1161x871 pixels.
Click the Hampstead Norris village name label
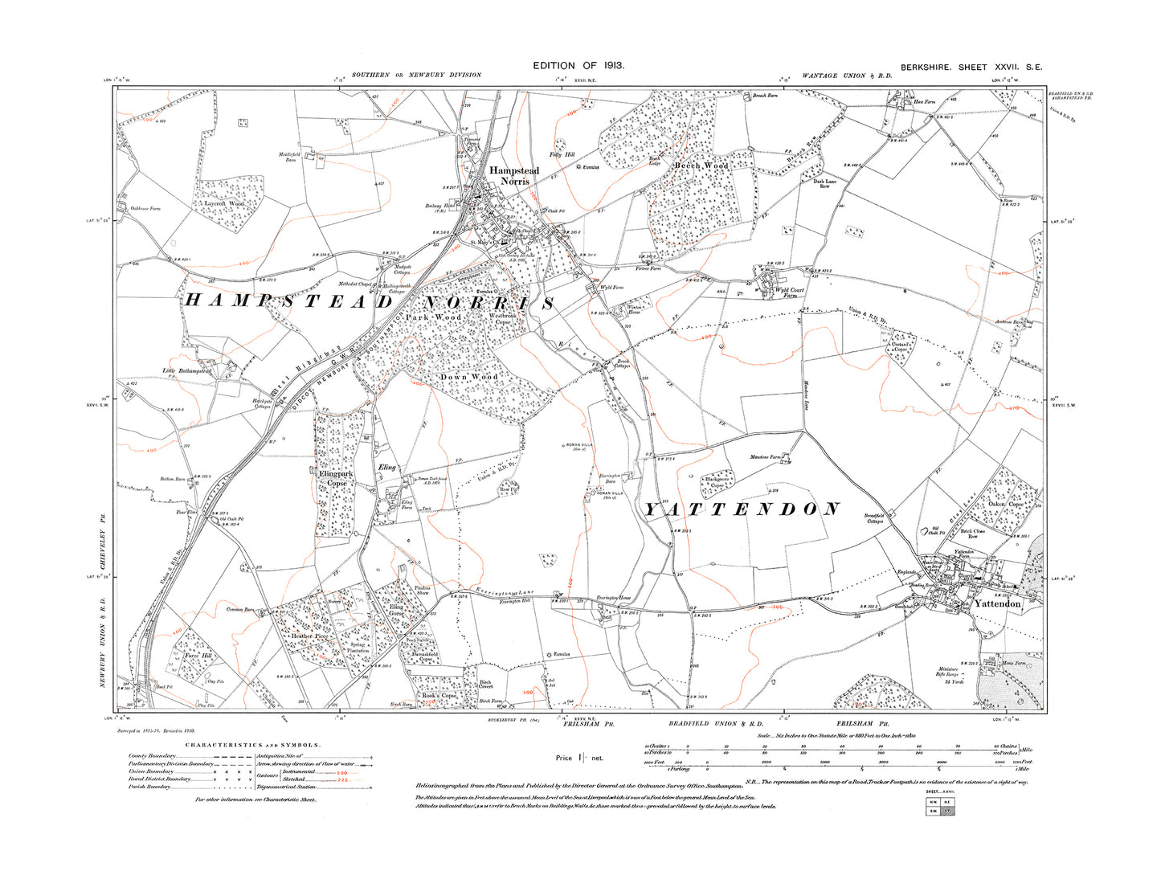point(514,176)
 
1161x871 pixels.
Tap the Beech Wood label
point(701,166)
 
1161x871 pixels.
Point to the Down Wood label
point(468,377)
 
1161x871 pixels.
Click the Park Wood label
point(433,317)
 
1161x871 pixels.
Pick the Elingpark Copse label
point(337,479)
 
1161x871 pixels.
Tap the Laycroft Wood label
point(223,204)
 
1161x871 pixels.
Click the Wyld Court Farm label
point(789,292)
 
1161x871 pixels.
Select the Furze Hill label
point(198,656)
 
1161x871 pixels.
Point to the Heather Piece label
point(309,636)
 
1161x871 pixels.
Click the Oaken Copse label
point(1005,505)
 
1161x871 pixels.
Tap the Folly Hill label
point(562,154)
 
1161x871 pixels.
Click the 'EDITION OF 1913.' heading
point(578,65)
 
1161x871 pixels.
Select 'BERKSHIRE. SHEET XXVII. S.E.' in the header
point(971,67)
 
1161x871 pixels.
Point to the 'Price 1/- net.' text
point(578,758)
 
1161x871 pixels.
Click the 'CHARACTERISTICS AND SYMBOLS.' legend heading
point(253,745)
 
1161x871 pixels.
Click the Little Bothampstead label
point(186,371)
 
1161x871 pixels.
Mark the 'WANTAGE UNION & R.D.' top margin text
point(847,76)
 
